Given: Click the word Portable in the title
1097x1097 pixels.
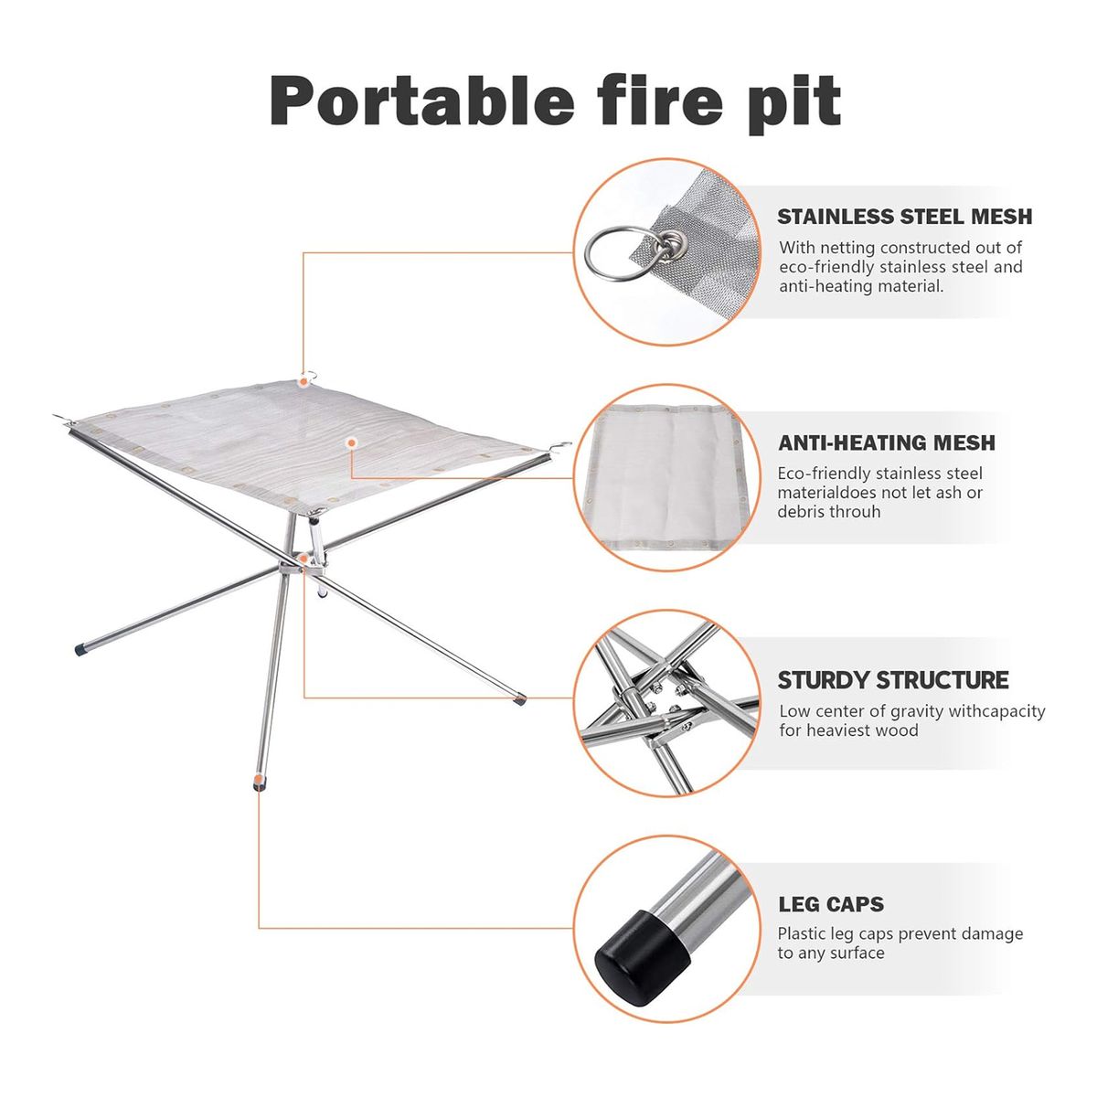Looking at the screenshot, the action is tap(421, 101).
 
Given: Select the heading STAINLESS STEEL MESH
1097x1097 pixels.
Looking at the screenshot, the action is tap(905, 217).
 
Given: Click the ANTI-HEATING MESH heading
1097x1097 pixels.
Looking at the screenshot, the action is tap(887, 442).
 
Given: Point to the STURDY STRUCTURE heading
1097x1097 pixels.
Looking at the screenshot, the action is tap(892, 680).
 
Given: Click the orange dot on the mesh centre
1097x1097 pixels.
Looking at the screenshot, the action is tap(352, 442).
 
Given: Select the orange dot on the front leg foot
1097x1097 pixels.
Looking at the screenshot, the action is tap(260, 778).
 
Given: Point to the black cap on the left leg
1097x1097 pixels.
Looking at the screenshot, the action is tap(80, 649).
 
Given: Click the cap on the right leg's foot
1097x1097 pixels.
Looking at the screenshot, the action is tap(519, 699).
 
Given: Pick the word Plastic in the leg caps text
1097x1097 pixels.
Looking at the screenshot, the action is tap(802, 933).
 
